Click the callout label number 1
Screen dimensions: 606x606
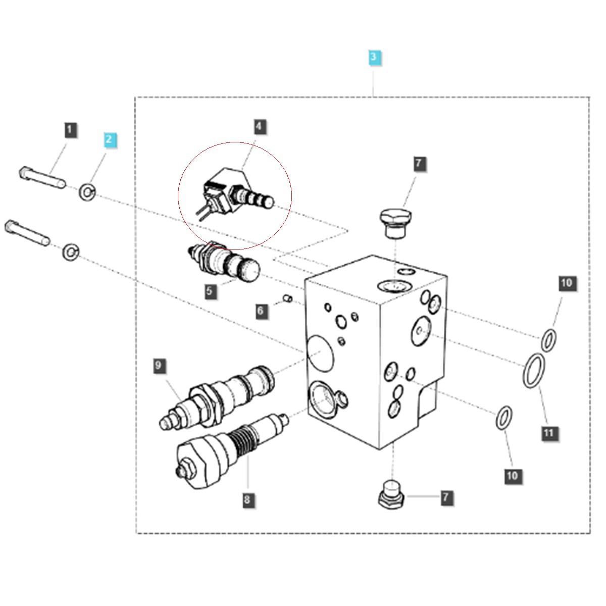coord(70,130)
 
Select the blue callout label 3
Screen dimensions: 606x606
coord(373,57)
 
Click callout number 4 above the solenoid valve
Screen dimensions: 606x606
coord(259,126)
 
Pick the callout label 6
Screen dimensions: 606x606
coord(261,311)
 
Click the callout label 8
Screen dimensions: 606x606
coord(247,500)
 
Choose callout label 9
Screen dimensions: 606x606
coord(159,365)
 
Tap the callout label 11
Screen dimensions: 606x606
coord(548,433)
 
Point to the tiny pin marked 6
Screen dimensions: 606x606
coord(287,298)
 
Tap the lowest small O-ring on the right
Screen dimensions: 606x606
coord(503,417)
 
